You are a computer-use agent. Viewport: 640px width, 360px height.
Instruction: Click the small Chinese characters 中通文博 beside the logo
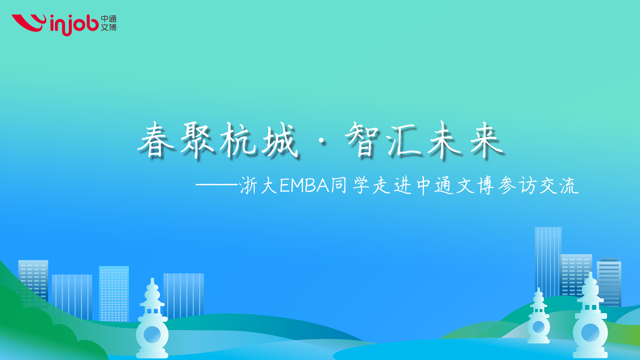[109, 23]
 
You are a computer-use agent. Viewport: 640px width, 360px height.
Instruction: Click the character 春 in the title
[156, 140]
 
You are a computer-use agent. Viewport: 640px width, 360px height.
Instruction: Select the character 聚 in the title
[197, 140]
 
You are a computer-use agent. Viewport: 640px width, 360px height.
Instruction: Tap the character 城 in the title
[279, 140]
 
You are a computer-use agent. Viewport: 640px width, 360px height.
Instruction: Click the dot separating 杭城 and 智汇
[322, 142]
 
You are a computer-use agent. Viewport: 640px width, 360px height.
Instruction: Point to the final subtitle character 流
[569, 185]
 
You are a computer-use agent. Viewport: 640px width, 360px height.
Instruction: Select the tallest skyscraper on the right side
[548, 262]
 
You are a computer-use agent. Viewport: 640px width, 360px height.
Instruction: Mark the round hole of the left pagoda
[152, 334]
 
